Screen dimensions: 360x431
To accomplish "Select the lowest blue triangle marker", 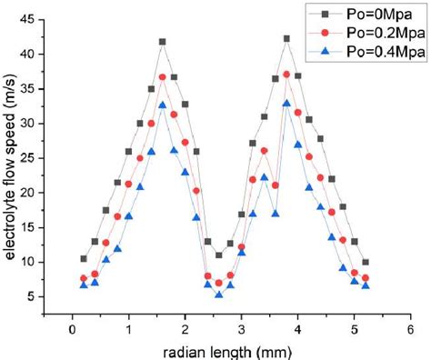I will pyautogui.click(x=219, y=294).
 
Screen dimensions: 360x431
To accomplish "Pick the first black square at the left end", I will pyautogui.click(x=84, y=258).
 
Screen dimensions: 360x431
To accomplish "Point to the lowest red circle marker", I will pyautogui.click(x=219, y=283).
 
